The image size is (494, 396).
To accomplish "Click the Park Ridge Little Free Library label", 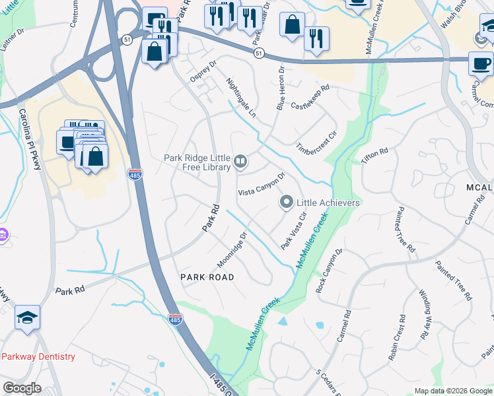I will pyautogui.click(x=197, y=162).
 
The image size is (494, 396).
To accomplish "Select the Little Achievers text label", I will pyautogui.click(x=328, y=203).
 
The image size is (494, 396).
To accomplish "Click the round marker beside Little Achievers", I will pyautogui.click(x=287, y=202).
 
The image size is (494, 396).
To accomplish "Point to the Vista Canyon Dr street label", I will pyautogui.click(x=261, y=184).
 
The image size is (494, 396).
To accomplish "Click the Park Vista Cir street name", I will pyautogui.click(x=295, y=230).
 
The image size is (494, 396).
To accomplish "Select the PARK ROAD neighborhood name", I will pyautogui.click(x=207, y=278).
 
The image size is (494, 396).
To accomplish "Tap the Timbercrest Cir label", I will pyautogui.click(x=317, y=139).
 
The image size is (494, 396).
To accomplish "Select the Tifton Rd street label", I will pyautogui.click(x=374, y=156).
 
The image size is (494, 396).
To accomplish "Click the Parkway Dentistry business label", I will pyautogui.click(x=38, y=356).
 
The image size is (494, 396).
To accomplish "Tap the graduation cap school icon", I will pyautogui.click(x=28, y=317).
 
